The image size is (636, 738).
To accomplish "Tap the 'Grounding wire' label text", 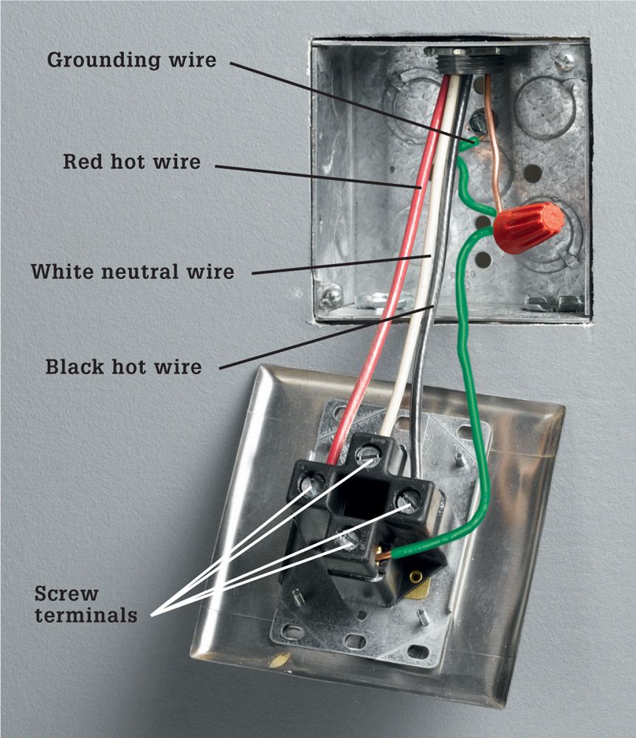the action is pyautogui.click(x=132, y=61).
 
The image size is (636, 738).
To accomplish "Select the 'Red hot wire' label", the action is pyautogui.click(x=132, y=162).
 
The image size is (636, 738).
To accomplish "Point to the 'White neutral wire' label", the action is pyautogui.click(x=133, y=272).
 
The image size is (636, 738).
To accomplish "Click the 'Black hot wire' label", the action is pyautogui.click(x=123, y=367).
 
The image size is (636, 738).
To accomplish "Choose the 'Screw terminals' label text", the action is pyautogui.click(x=86, y=604).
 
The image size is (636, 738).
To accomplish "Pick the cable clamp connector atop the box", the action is pyautogui.click(x=471, y=61).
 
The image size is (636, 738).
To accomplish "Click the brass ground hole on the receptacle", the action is pyautogui.click(x=415, y=576).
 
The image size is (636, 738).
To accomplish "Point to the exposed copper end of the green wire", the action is pyautogui.click(x=384, y=556).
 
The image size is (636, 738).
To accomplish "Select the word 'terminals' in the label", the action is pyautogui.click(x=86, y=615).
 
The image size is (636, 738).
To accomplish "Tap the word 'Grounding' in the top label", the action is pyautogui.click(x=103, y=61).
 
